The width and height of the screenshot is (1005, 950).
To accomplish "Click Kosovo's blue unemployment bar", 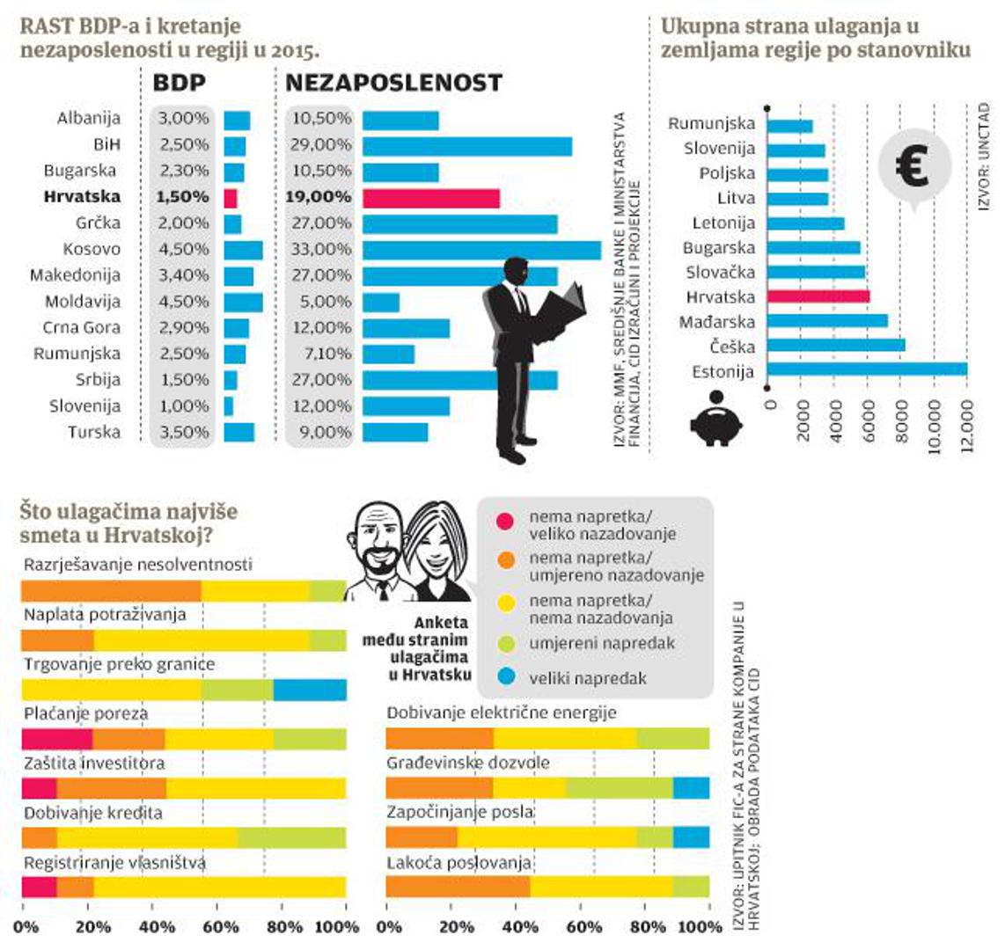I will coord(481,250).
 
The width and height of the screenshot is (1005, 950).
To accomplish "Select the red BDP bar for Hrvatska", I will coord(231,198).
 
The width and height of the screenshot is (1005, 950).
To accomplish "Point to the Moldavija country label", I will coord(83,302).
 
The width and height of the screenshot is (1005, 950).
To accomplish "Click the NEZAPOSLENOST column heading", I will coord(393,83).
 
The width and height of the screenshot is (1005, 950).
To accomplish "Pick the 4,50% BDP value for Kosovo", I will coord(183,250).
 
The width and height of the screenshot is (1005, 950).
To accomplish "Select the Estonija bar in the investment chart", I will coord(867,371).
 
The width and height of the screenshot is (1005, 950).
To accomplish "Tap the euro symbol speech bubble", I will coord(914,167).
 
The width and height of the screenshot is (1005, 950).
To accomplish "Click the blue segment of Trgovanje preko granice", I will coord(310,690).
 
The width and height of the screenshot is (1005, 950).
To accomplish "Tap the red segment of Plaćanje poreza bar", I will coord(56,739).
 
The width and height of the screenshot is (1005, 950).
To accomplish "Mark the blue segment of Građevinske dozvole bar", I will coord(691,787).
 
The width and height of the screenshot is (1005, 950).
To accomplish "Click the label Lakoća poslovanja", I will coord(458,863).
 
